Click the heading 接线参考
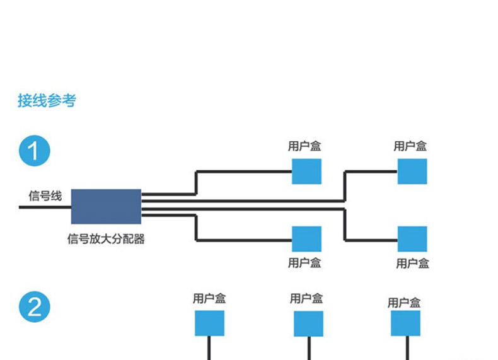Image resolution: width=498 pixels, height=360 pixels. tap(47, 101)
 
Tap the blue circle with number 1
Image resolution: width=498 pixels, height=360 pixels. tap(34, 151)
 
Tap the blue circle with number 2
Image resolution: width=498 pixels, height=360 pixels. tap(34, 307)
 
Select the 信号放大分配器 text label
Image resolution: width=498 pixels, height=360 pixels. tap(106, 239)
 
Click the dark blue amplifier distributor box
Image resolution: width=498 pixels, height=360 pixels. tap(106, 206)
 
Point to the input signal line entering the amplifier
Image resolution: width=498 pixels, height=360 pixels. tap(44, 206)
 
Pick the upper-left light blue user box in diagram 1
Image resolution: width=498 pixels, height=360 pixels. tap(306, 171)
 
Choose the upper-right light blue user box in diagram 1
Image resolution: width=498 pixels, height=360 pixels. tap(412, 171)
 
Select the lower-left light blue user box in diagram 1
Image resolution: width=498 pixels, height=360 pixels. tap(306, 239)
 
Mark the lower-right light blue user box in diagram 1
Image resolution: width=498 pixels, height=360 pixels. tap(412, 239)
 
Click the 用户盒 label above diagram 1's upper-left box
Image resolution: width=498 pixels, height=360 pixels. tap(304, 146)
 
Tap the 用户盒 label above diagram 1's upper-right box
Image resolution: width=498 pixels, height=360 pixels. tap(410, 146)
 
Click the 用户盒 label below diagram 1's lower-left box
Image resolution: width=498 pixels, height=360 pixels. tap(304, 262)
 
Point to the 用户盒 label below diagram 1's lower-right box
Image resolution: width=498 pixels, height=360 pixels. tap(412, 263)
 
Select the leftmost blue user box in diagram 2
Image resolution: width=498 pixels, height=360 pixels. tap(209, 323)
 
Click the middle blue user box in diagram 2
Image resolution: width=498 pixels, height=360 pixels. tap(308, 323)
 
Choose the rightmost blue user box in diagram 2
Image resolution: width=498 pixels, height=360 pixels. tap(405, 323)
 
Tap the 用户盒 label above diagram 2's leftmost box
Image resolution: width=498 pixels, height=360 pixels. tap(209, 298)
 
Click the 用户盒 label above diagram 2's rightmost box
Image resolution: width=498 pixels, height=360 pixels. tap(404, 303)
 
